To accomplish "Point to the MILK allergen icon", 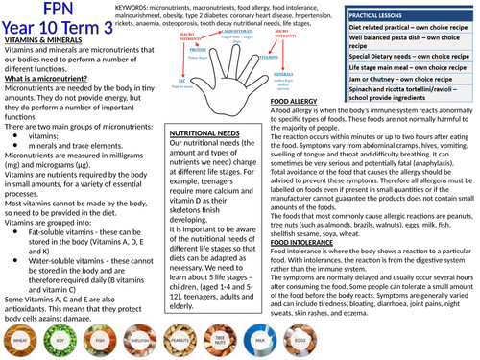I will coord(260,339).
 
